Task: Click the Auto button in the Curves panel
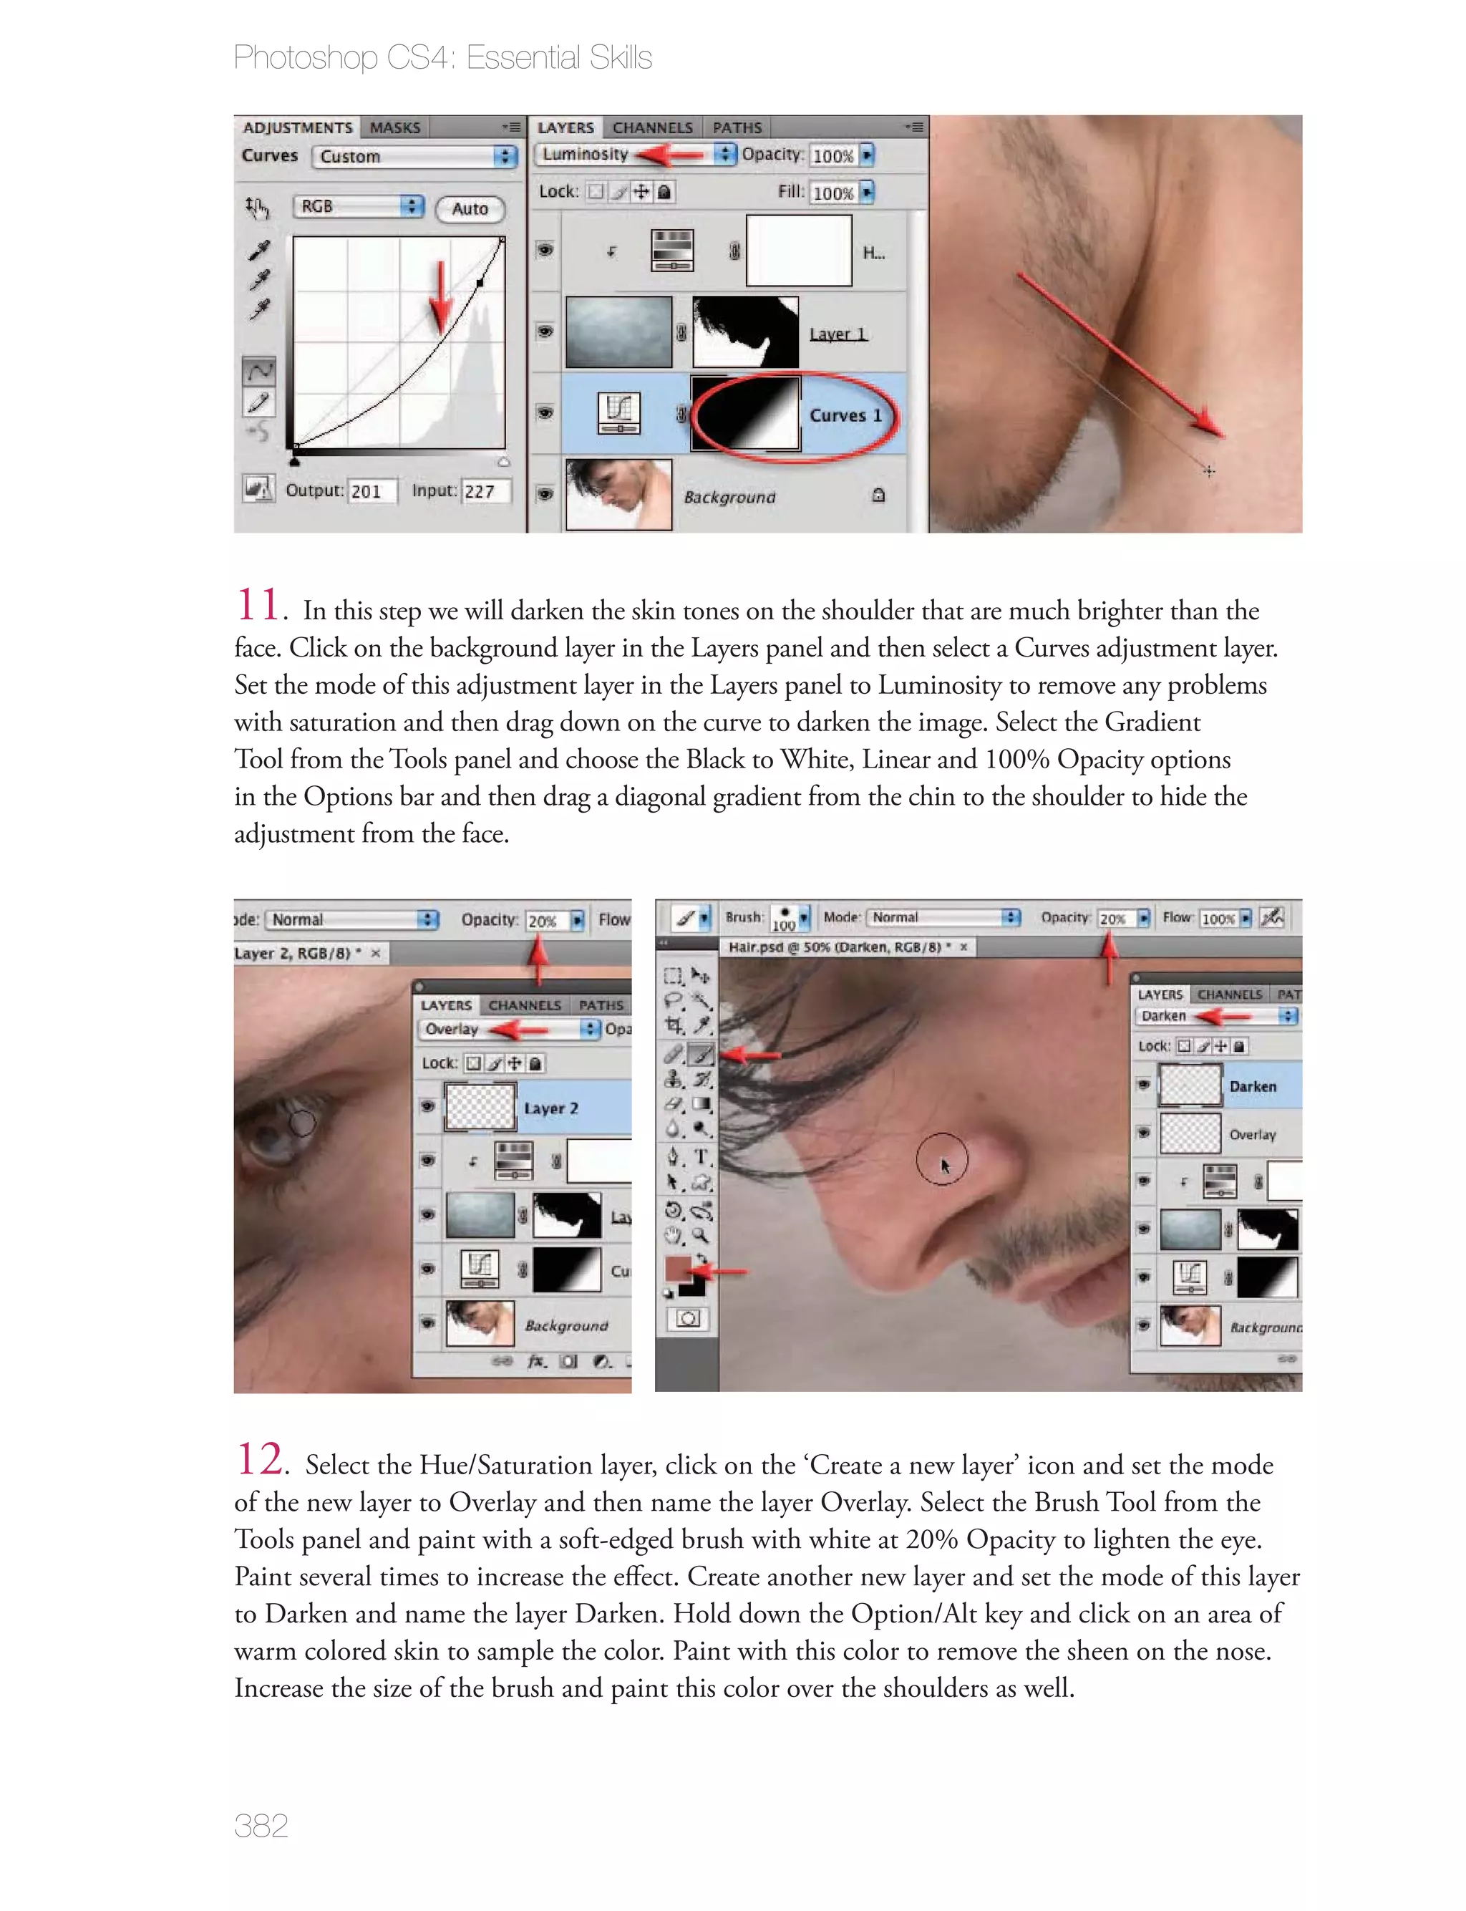(470, 208)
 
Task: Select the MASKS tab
(394, 127)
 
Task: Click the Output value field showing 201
(371, 491)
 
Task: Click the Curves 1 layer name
(845, 415)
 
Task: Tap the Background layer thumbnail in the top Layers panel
(618, 495)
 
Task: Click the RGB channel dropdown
(358, 207)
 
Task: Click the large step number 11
(258, 605)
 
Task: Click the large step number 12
(260, 1459)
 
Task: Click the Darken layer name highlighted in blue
(1252, 1086)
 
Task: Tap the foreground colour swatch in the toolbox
(677, 1268)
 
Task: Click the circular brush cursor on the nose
(941, 1158)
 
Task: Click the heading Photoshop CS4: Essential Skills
(442, 57)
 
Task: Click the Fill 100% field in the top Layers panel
(833, 193)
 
